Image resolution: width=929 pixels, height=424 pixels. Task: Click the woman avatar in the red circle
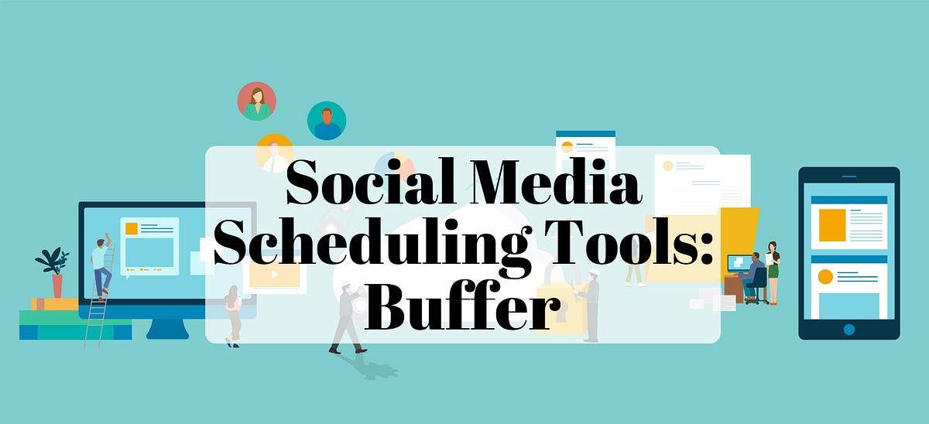[x=257, y=101]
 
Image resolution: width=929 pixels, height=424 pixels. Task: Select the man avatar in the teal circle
[x=327, y=121]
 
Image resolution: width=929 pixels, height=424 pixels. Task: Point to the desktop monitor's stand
[x=167, y=328]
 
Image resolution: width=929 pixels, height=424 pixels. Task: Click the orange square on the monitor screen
[x=131, y=229]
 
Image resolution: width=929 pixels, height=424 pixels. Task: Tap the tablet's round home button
[x=849, y=329]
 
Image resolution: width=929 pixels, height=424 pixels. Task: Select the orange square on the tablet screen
[x=832, y=224]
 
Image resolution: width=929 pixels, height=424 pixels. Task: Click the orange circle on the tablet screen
[x=825, y=276]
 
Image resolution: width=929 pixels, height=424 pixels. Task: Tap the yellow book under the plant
[x=54, y=304]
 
